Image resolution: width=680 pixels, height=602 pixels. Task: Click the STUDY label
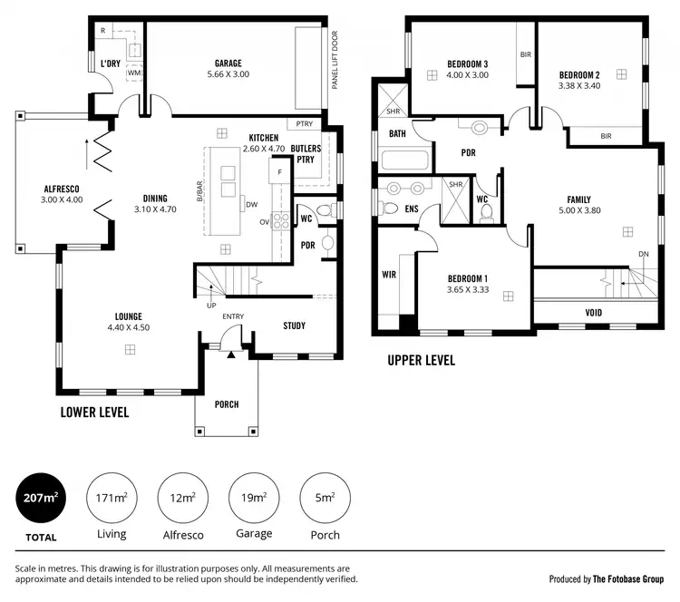tap(294, 325)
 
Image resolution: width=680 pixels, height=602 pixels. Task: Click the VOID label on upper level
tap(594, 313)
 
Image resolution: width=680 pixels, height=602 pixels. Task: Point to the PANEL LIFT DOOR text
tap(335, 60)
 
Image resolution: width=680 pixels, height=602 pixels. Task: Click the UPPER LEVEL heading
tap(421, 361)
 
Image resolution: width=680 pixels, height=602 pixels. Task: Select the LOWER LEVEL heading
tap(94, 412)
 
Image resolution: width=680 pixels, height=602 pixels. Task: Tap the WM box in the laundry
tap(134, 72)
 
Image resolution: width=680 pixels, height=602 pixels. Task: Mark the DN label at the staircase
tap(644, 254)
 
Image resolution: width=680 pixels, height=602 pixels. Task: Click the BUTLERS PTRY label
tap(304, 152)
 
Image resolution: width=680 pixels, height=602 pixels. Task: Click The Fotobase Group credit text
tap(628, 578)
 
